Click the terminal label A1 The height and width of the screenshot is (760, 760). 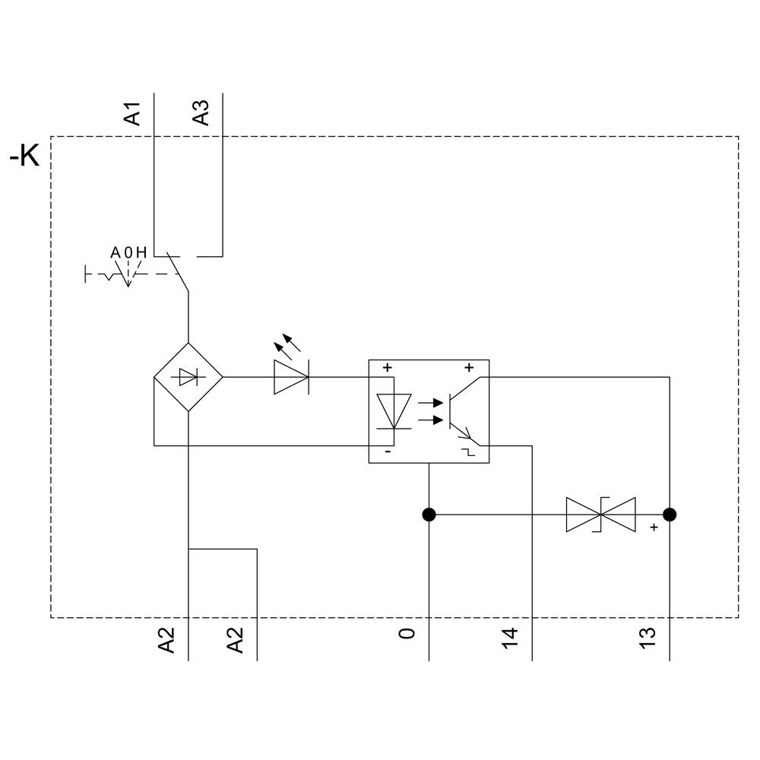pyautogui.click(x=133, y=112)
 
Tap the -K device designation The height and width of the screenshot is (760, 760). pyautogui.click(x=24, y=157)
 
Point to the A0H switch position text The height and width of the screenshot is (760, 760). pyautogui.click(x=128, y=252)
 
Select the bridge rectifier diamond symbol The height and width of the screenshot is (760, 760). pyautogui.click(x=188, y=377)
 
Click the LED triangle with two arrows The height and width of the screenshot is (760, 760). pyautogui.click(x=291, y=375)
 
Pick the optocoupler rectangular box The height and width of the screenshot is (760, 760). pyautogui.click(x=429, y=411)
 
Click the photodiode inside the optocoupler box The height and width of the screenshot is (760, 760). pyautogui.click(x=394, y=411)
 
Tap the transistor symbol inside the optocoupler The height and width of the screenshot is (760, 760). pyautogui.click(x=460, y=410)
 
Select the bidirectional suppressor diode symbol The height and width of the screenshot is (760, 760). pyautogui.click(x=600, y=515)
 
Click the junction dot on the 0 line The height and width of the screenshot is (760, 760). pyautogui.click(x=429, y=515)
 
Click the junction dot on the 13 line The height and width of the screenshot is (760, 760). pyautogui.click(x=670, y=515)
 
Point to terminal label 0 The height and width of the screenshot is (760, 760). pyautogui.click(x=408, y=633)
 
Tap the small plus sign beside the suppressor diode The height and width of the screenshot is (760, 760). pyautogui.click(x=653, y=527)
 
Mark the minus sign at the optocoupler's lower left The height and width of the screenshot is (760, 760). pyautogui.click(x=388, y=452)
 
